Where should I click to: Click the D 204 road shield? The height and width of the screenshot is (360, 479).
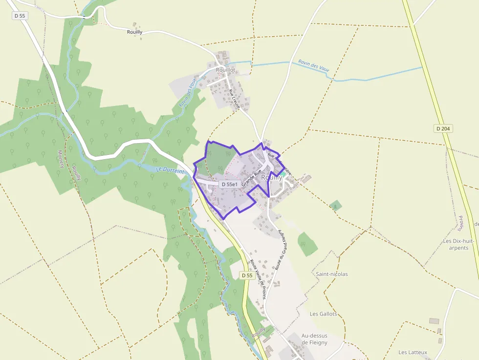(x=443, y=128)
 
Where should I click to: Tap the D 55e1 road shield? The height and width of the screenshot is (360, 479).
(x=229, y=184)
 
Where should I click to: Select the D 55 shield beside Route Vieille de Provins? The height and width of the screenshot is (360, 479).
(x=247, y=275)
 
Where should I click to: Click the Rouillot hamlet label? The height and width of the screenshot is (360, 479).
(x=225, y=70)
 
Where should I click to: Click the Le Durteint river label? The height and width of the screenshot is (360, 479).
(x=170, y=170)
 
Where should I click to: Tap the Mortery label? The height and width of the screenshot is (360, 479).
(x=61, y=159)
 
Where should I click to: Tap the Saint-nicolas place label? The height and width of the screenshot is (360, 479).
(x=332, y=274)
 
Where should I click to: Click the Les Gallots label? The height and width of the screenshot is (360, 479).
(x=323, y=314)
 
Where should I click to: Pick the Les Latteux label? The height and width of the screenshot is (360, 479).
(x=413, y=352)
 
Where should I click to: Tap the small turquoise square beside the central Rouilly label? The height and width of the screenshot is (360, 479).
(x=283, y=173)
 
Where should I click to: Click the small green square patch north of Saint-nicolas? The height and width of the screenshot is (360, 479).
(x=335, y=205)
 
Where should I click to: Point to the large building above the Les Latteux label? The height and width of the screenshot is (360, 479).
(x=434, y=321)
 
